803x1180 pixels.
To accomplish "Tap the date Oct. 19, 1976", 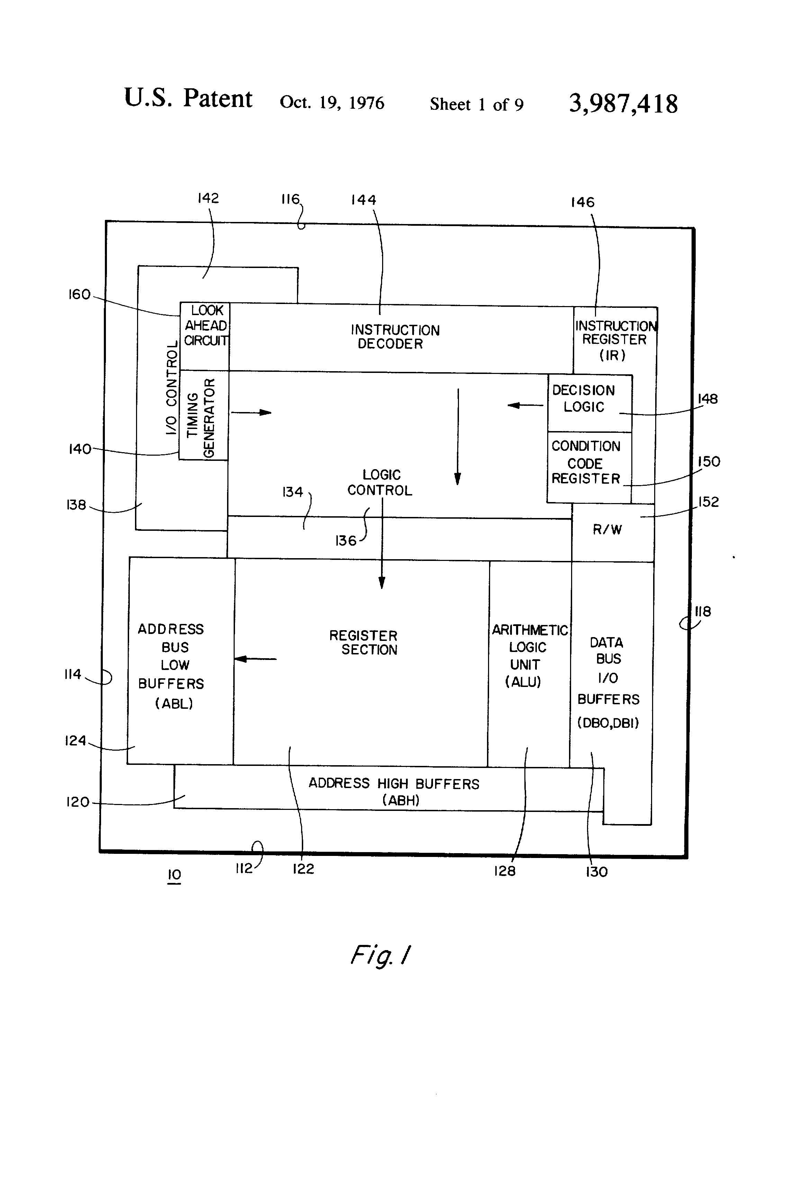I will coord(332,102).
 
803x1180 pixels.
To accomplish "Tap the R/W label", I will coord(607,529).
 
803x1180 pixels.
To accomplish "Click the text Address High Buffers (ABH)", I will coord(394,792).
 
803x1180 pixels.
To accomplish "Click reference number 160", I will coord(79,295).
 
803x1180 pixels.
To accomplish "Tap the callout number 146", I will coord(582,202).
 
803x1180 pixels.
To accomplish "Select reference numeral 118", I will coord(703,611).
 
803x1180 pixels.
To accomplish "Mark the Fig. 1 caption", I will coord(380,956).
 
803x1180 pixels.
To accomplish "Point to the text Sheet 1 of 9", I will coord(476,105).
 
